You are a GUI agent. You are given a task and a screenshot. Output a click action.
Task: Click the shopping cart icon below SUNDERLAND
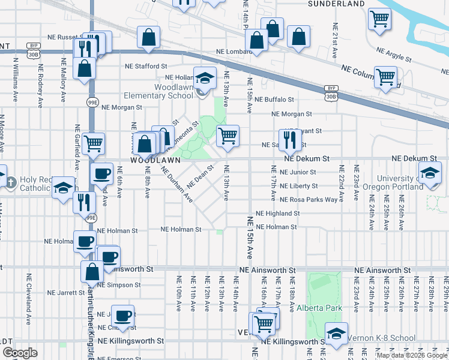[x=379, y=19]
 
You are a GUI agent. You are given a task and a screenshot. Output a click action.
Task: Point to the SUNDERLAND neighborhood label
[x=336, y=4]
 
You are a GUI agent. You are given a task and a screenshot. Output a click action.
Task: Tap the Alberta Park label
[x=319, y=308]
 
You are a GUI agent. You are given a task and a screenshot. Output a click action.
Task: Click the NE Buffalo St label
[x=274, y=100]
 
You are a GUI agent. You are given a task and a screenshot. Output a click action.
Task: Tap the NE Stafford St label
[x=146, y=67]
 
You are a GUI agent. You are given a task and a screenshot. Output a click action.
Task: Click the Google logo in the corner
[x=20, y=353]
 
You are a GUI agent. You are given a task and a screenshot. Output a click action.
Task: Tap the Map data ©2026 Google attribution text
[x=412, y=355]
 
